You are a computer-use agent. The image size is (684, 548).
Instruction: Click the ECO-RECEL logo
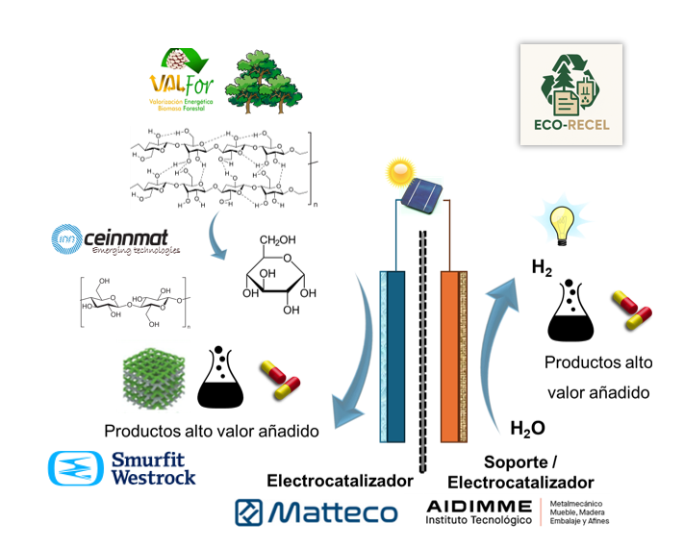coord(571,94)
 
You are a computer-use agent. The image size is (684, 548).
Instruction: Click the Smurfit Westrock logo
coord(122,466)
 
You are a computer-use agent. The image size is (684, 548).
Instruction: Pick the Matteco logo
coord(316,511)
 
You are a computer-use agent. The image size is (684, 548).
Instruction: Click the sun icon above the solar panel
coord(396,174)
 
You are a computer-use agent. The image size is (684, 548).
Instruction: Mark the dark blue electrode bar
coord(394,356)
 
